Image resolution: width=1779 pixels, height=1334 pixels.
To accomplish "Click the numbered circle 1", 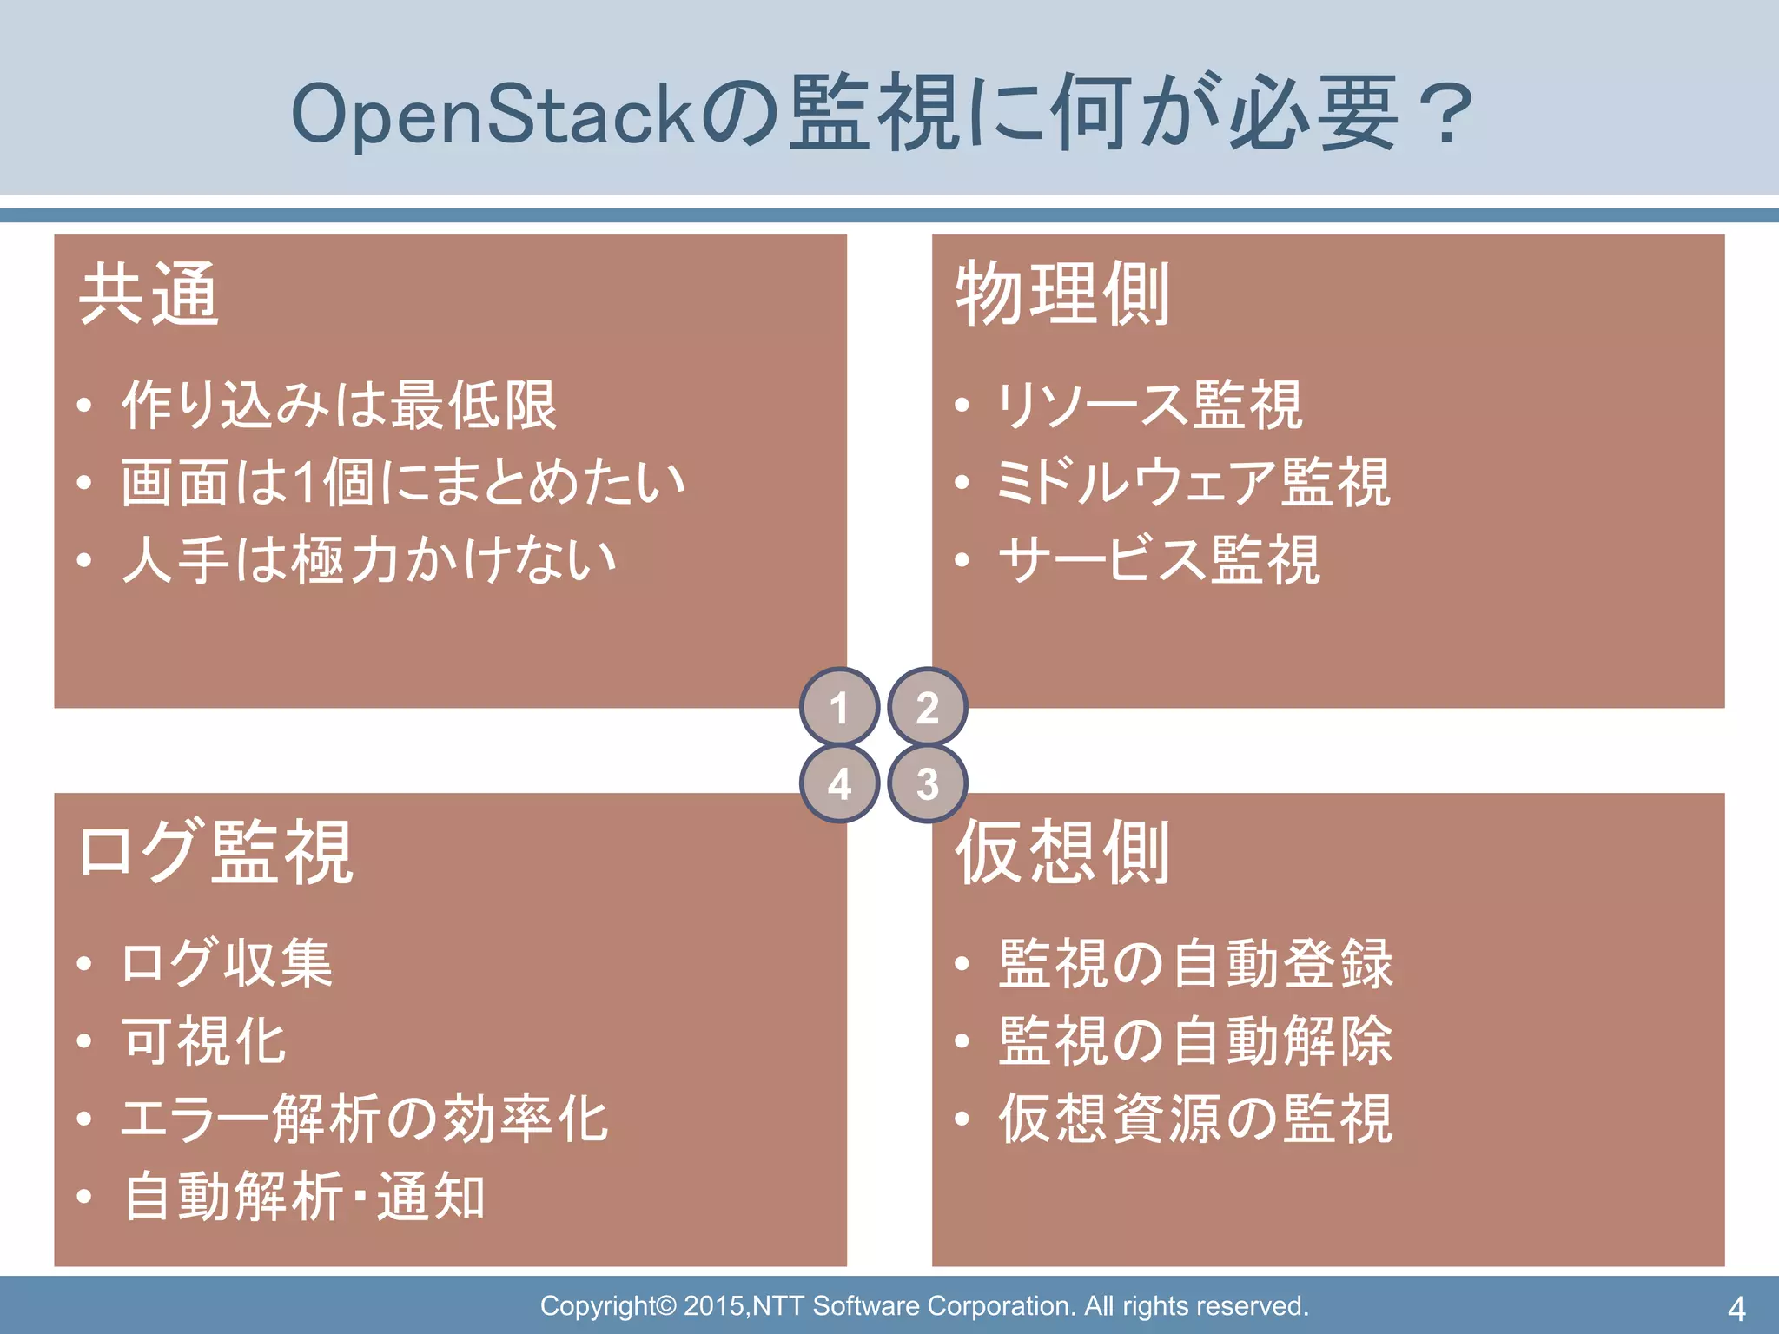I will (839, 707).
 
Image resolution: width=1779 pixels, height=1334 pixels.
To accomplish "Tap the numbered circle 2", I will (928, 707).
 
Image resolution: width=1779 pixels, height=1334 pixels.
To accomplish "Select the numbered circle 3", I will (928, 783).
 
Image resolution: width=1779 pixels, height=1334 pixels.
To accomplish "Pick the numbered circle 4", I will (839, 783).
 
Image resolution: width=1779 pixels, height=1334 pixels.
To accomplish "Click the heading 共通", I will (149, 294).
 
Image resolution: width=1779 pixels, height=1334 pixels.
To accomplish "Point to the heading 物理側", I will (1062, 294).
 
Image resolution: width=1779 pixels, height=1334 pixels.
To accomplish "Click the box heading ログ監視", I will (215, 852).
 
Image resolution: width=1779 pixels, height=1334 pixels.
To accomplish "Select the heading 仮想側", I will (1062, 852).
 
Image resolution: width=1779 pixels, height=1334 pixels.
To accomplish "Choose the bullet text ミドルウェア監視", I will (1194, 482).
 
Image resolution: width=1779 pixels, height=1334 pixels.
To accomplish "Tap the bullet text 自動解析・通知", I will (304, 1196).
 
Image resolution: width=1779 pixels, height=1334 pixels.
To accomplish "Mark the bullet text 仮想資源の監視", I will (1195, 1118).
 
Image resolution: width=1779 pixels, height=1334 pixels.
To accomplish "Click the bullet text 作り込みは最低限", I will (340, 405).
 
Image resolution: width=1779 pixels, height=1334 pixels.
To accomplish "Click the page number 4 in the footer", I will (1736, 1308).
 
